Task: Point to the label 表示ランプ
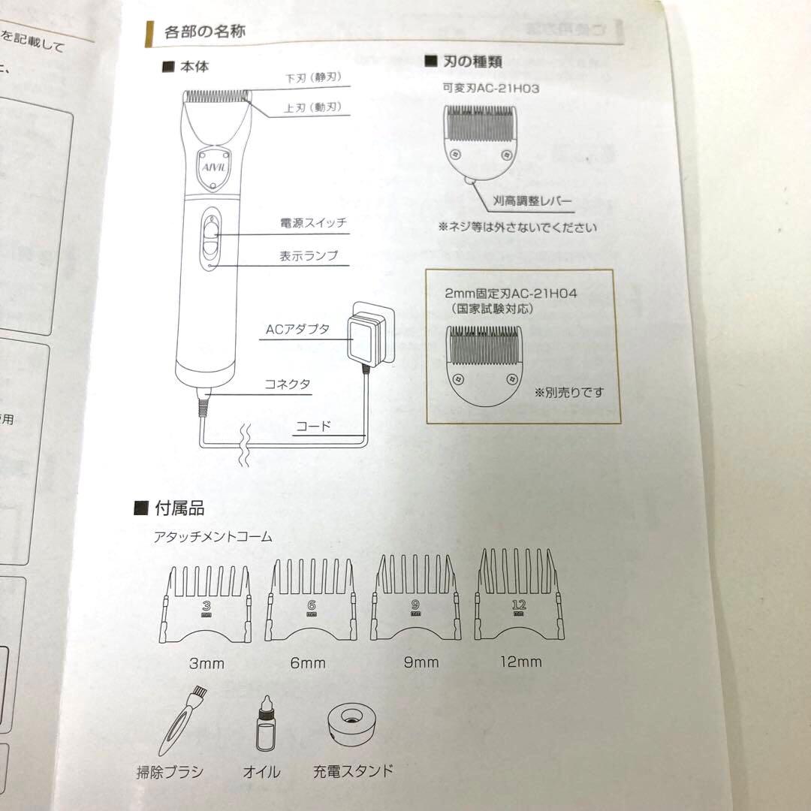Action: coord(309,256)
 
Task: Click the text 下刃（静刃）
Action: coord(314,79)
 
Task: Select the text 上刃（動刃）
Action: coord(312,108)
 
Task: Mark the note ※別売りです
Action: coord(568,392)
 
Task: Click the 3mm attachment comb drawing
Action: coord(205,604)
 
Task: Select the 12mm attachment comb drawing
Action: coord(519,601)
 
